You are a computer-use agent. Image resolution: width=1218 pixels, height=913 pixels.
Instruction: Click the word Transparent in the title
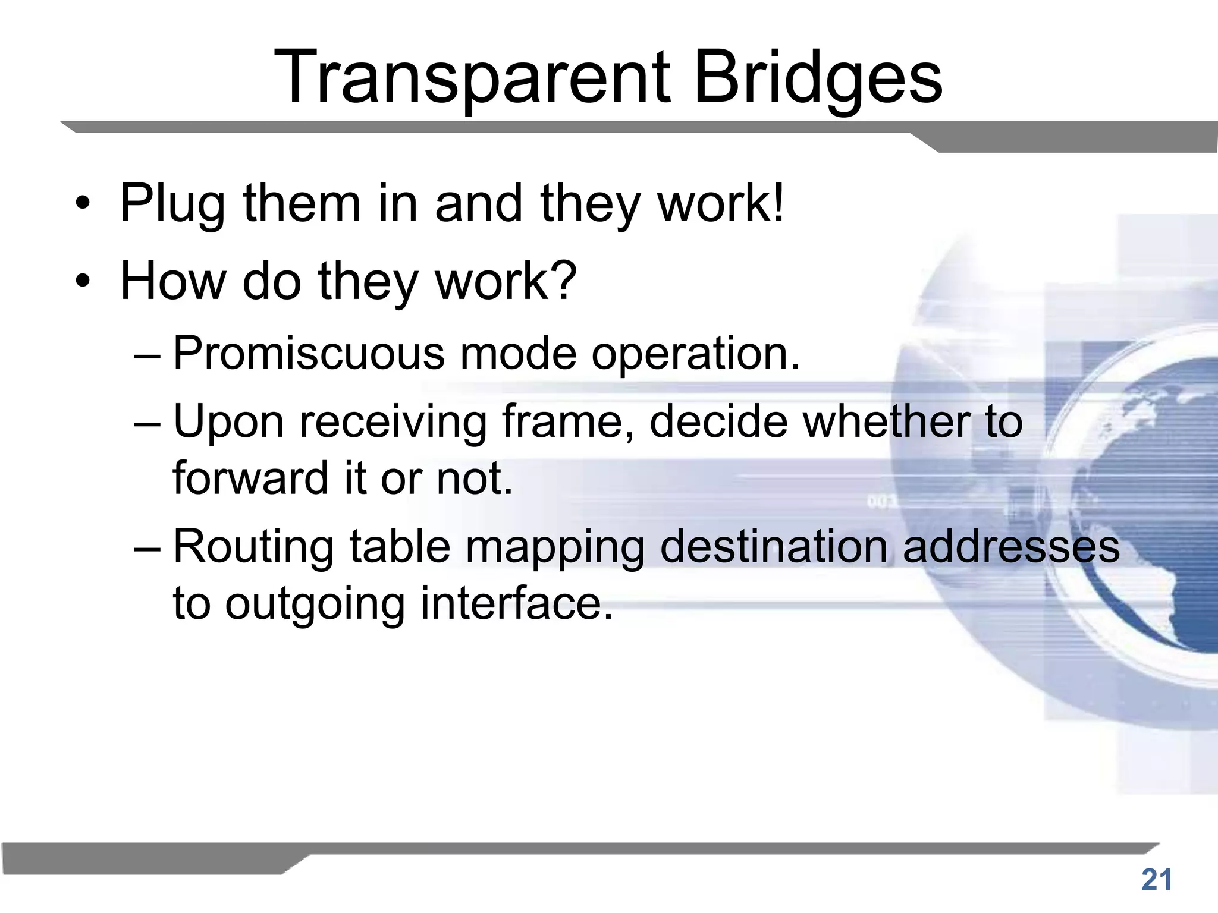[x=472, y=78]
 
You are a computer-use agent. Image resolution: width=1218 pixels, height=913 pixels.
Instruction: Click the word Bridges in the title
[x=818, y=78]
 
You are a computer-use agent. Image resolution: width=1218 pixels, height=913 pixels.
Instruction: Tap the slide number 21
[x=1156, y=880]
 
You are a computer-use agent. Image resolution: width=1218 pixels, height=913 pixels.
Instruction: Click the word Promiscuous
[x=309, y=353]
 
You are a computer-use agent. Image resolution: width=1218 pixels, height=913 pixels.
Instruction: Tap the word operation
[x=696, y=353]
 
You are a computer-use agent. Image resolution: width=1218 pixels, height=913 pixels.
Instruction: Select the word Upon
[x=228, y=422]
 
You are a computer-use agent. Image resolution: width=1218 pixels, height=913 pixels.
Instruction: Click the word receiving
[x=393, y=422]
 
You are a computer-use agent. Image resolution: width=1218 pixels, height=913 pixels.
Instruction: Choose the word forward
[x=250, y=478]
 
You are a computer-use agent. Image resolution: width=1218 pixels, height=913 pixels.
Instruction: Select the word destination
[x=774, y=547]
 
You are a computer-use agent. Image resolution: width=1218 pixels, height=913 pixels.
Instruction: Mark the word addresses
[x=1010, y=547]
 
